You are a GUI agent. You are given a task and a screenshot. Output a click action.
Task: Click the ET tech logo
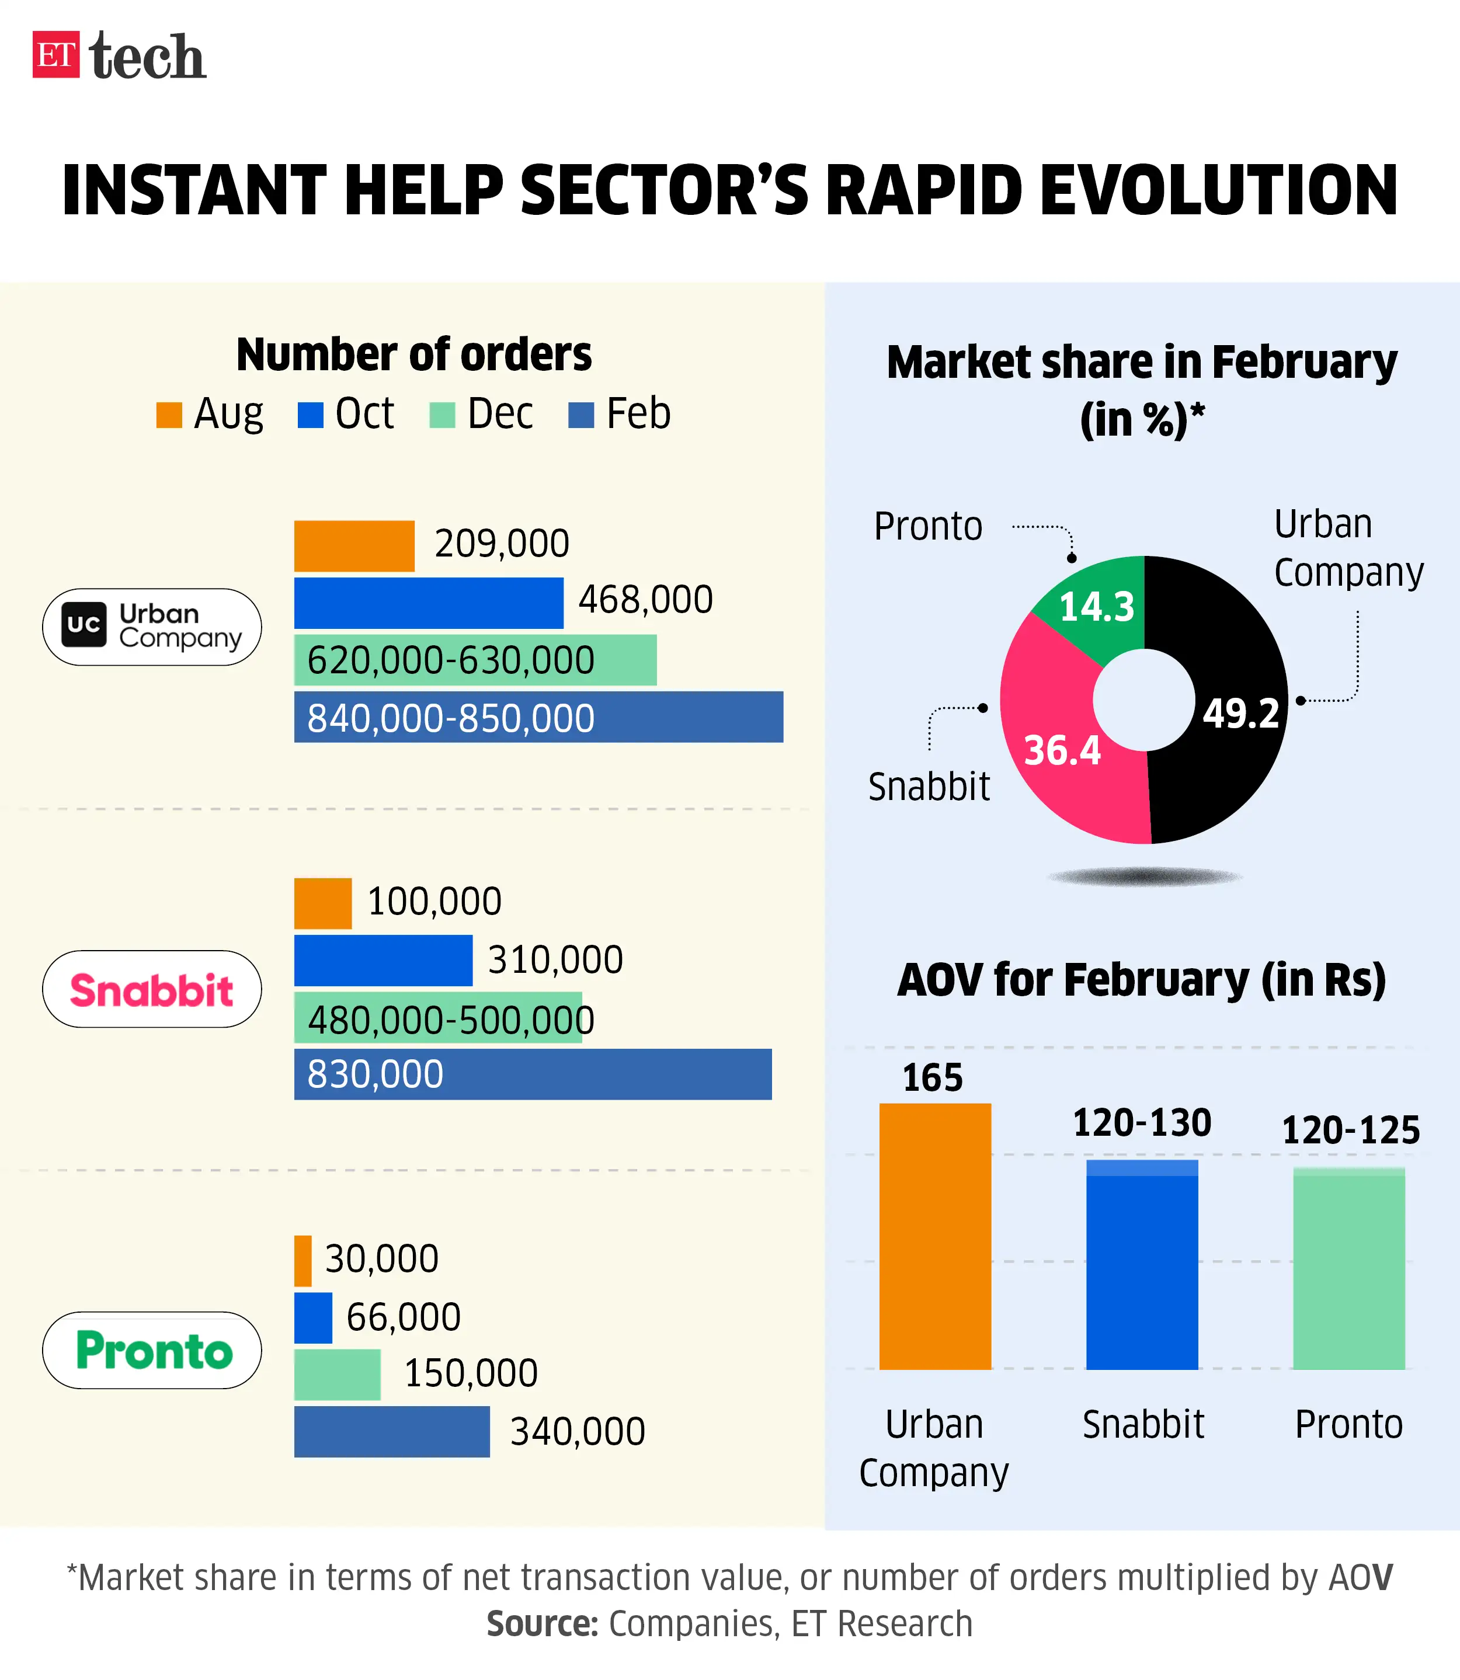pyautogui.click(x=119, y=55)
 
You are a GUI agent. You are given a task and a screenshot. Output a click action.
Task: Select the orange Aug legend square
pyautogui.click(x=169, y=415)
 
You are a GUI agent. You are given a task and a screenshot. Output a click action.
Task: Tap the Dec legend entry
pyautogui.click(x=481, y=414)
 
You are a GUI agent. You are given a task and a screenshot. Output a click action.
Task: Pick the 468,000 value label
pyautogui.click(x=645, y=600)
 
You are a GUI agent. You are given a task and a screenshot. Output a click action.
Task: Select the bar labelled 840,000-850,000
pyautogui.click(x=538, y=717)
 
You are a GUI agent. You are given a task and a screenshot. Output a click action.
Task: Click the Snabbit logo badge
pyautogui.click(x=151, y=989)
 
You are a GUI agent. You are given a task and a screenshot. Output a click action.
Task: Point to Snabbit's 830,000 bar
pyautogui.click(x=532, y=1074)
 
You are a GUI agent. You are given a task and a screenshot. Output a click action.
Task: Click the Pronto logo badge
pyautogui.click(x=151, y=1350)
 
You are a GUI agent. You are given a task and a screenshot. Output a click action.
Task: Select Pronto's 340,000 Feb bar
pyautogui.click(x=391, y=1431)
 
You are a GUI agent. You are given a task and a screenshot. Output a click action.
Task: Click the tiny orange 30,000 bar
pyautogui.click(x=303, y=1260)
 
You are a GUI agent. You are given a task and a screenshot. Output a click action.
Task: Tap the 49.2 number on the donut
pyautogui.click(x=1241, y=714)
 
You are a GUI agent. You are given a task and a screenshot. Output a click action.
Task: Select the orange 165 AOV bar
pyautogui.click(x=934, y=1236)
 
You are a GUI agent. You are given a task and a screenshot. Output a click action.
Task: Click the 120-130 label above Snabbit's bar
pyautogui.click(x=1142, y=1124)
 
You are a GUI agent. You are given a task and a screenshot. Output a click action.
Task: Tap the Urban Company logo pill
pyautogui.click(x=151, y=627)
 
